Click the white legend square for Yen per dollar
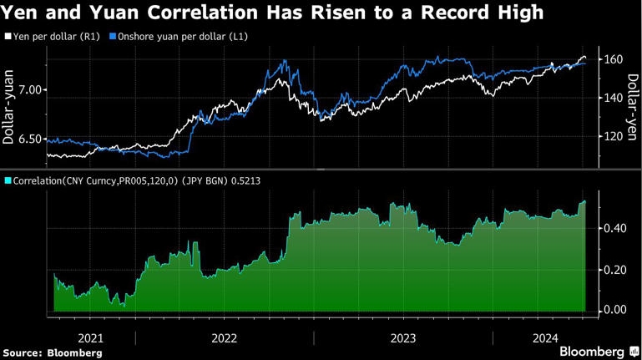pos(8,38)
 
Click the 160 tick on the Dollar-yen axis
pos(614,60)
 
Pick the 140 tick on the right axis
pos(614,98)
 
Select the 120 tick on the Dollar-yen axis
pos(614,136)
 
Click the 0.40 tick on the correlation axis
pos(614,228)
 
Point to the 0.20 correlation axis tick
pos(614,269)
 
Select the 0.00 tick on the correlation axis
pos(614,310)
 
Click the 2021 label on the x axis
pos(91,338)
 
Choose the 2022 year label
pos(225,338)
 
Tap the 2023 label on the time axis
pos(403,338)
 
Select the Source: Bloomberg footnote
pos(52,353)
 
